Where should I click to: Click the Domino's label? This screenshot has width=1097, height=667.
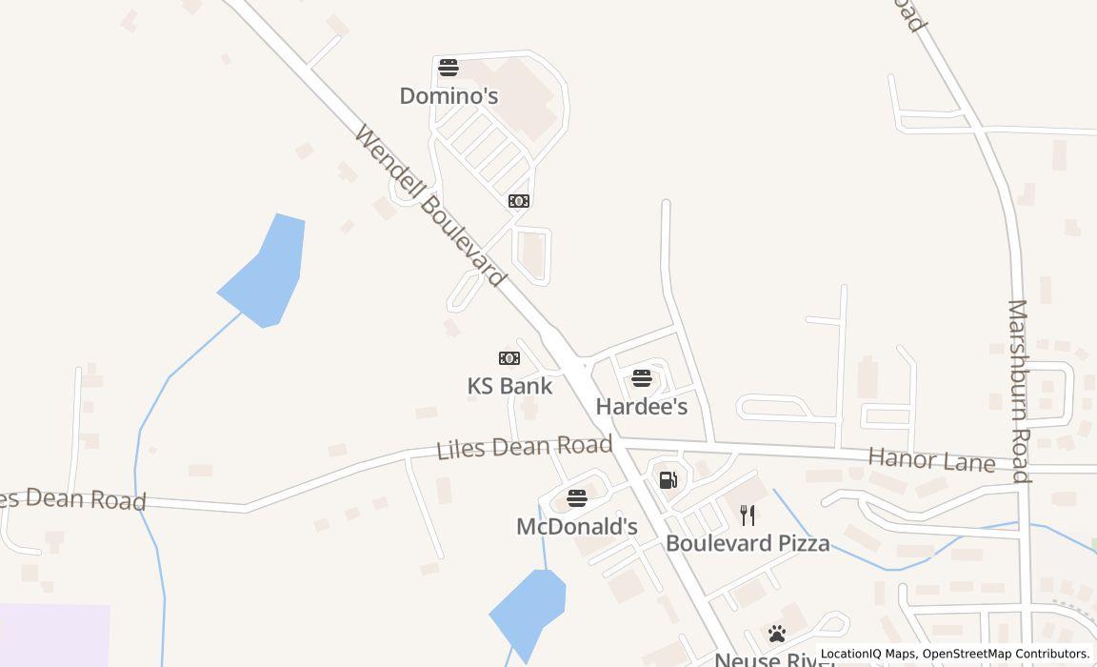(x=449, y=96)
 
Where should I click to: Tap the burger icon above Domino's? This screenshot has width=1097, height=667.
(x=449, y=68)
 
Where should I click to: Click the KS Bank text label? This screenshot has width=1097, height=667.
(x=509, y=386)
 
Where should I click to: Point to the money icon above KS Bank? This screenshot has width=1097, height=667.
(x=509, y=358)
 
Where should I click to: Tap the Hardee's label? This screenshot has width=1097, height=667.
(x=642, y=407)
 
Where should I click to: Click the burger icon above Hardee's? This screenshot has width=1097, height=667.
(x=642, y=378)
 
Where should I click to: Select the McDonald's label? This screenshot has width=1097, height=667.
(x=577, y=527)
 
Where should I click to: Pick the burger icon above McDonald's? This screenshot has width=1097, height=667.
(x=577, y=498)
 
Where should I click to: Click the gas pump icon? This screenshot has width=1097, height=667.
(x=668, y=479)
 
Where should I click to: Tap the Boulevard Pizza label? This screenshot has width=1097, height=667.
(x=748, y=543)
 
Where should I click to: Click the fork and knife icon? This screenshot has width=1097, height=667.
(x=748, y=515)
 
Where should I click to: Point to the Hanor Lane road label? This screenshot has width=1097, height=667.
(x=931, y=461)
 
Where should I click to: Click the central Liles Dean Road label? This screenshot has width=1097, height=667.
(x=524, y=446)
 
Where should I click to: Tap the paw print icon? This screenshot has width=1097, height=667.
(x=777, y=634)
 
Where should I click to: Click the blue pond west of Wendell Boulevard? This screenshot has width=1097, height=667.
(x=267, y=273)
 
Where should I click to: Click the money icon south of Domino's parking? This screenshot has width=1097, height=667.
(x=519, y=201)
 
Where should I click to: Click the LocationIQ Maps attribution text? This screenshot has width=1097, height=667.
(x=868, y=655)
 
